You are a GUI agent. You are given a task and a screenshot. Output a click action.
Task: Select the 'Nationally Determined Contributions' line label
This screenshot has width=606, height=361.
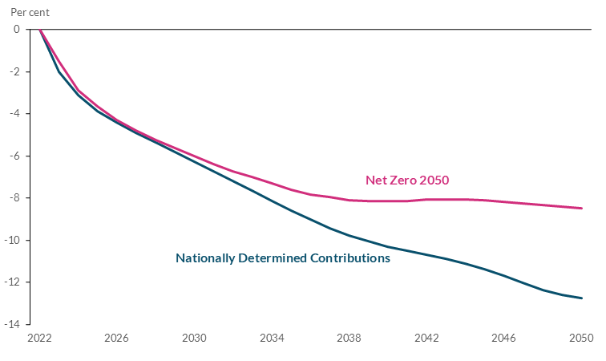[x=282, y=258]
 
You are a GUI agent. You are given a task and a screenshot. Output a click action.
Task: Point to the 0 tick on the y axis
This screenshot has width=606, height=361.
[x=16, y=30]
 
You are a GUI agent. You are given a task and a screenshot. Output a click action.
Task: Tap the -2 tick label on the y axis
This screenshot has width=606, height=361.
[x=14, y=72]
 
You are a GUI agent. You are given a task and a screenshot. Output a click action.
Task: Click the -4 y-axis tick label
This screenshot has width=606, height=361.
[x=14, y=114]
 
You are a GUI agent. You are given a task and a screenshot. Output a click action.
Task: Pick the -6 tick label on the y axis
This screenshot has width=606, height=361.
[x=14, y=156]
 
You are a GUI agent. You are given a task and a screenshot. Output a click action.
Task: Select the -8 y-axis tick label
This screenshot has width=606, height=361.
[x=14, y=198]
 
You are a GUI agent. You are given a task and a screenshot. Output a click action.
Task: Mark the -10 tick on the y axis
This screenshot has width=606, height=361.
[x=12, y=241]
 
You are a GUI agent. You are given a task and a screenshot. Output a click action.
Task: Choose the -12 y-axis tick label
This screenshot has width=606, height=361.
[x=12, y=282]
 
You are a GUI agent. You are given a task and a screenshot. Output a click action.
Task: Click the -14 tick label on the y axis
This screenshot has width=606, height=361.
[x=12, y=325]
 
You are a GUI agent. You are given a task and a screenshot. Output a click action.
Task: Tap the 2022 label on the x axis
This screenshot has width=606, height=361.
[x=39, y=339]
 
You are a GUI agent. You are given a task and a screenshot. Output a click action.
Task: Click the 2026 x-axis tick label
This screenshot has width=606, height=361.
[x=116, y=339]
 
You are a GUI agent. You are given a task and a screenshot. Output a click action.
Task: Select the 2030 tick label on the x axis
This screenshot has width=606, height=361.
[x=194, y=339]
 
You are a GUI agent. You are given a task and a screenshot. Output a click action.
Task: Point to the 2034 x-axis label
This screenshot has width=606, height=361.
[x=272, y=339]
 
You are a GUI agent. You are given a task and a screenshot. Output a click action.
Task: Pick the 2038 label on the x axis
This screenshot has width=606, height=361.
[x=349, y=339]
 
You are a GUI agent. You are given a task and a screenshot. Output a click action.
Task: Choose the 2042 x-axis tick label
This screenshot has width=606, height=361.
[x=426, y=339]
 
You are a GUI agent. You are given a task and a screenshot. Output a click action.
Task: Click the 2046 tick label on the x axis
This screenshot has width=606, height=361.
[x=504, y=339]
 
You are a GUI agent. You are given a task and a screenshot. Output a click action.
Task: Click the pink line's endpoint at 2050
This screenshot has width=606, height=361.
[x=582, y=209]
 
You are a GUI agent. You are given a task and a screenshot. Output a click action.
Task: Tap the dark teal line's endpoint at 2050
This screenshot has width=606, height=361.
[x=582, y=298]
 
